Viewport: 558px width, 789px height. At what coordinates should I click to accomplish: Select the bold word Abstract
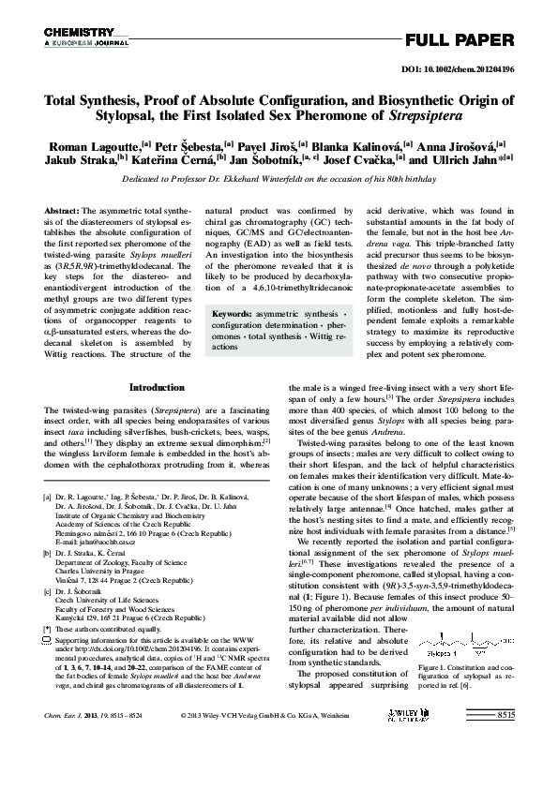click(62, 213)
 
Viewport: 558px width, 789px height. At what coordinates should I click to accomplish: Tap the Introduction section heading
click(157, 387)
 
